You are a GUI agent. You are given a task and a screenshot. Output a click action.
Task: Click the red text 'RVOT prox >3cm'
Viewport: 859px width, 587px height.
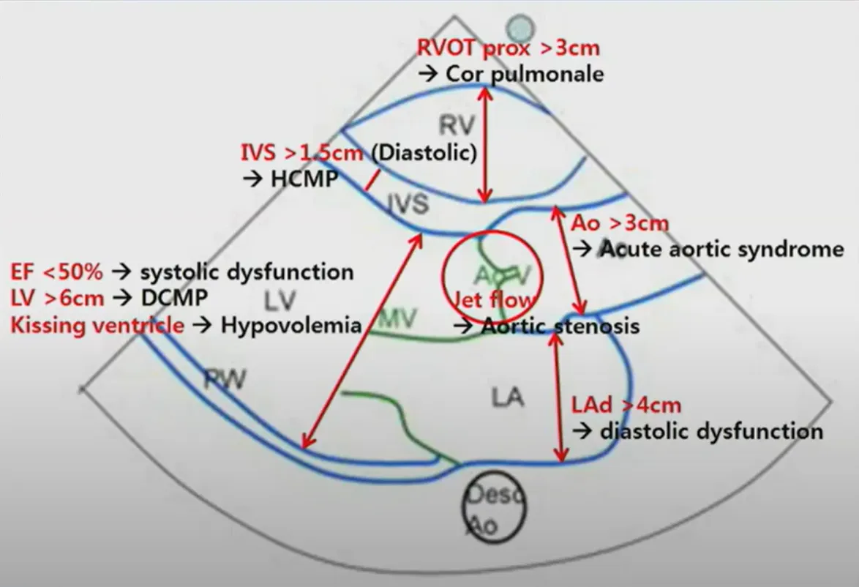(x=508, y=49)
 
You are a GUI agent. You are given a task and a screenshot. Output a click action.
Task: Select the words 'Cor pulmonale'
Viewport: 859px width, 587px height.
(x=524, y=73)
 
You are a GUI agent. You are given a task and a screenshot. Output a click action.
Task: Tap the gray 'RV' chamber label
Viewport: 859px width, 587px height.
(x=453, y=126)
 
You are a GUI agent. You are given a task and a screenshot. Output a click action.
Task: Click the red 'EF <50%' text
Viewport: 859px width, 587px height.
(x=57, y=272)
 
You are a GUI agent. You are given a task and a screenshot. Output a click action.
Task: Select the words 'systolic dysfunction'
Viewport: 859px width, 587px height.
(x=247, y=272)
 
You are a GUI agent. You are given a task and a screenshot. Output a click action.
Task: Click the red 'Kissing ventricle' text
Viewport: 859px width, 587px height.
(x=97, y=324)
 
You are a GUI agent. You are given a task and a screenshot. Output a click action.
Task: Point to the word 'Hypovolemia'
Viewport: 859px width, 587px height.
(x=291, y=324)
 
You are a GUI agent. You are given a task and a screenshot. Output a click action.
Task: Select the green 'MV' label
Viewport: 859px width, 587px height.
(x=399, y=319)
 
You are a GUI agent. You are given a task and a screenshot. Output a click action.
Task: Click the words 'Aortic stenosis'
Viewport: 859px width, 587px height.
(x=560, y=326)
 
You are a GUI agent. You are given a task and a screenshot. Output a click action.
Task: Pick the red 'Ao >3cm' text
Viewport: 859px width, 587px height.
(x=620, y=223)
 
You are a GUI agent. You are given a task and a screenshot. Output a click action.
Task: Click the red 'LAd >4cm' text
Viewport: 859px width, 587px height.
(x=626, y=405)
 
